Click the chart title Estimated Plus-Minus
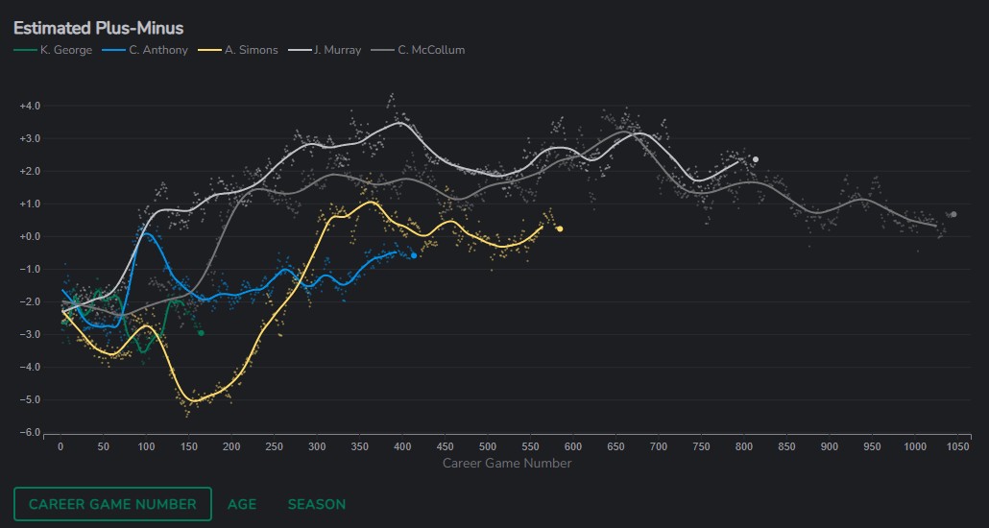click(98, 28)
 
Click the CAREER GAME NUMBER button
click(112, 504)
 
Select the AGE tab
click(242, 504)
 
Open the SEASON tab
click(317, 504)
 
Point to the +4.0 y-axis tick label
click(30, 107)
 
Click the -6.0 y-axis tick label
click(30, 433)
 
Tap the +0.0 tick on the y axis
click(30, 237)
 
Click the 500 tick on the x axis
click(488, 446)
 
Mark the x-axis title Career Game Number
click(507, 464)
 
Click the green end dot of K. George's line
click(201, 332)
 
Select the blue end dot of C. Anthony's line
click(414, 255)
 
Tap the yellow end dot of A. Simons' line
click(560, 228)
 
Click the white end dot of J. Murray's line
click(756, 159)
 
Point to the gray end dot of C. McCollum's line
click(953, 214)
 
